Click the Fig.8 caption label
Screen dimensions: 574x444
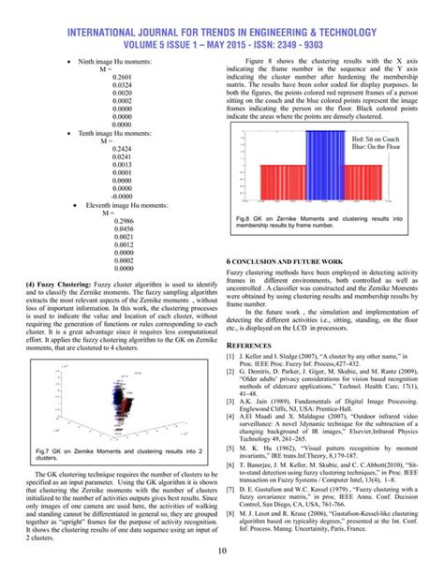(x=243, y=217)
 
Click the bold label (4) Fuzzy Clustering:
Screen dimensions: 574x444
(x=58, y=281)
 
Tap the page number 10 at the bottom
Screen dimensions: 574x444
(x=221, y=550)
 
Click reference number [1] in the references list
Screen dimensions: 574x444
(x=230, y=357)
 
